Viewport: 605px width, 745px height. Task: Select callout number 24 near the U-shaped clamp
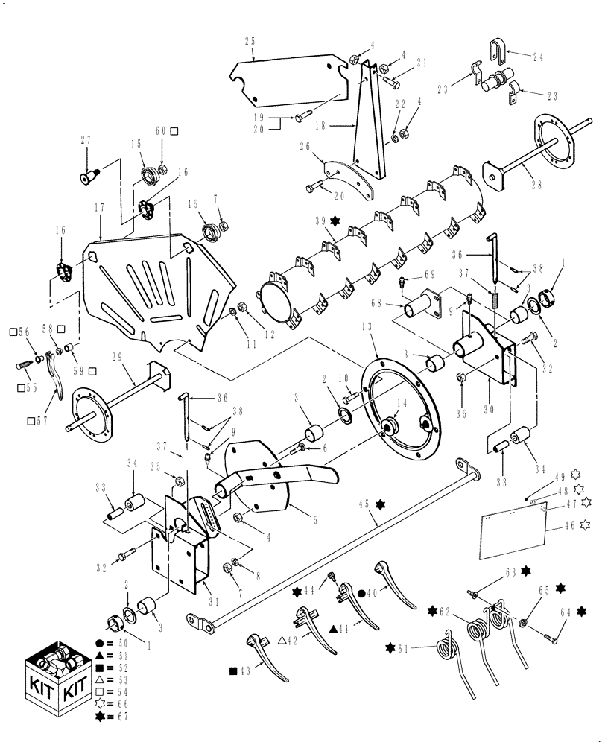point(539,56)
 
